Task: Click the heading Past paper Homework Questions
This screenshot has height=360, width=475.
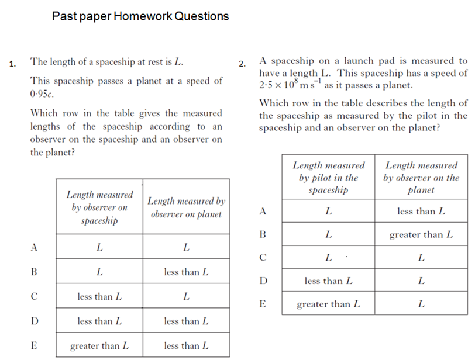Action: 140,16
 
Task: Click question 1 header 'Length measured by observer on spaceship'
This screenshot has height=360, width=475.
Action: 99,207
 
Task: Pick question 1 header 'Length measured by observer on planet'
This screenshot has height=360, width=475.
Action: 186,207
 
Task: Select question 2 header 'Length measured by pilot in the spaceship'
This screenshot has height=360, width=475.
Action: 328,178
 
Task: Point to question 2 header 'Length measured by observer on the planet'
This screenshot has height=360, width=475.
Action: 421,178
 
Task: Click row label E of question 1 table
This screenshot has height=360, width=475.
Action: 35,345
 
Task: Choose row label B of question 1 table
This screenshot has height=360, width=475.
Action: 35,272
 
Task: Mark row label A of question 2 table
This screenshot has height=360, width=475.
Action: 263,211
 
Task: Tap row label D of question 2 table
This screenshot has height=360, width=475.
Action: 263,281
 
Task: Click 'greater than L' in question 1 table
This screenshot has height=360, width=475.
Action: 99,346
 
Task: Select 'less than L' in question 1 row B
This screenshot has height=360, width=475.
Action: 186,272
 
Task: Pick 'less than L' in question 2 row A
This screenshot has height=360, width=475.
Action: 421,211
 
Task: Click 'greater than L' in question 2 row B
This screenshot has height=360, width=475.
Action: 421,235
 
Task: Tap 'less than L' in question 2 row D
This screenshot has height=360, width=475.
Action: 328,281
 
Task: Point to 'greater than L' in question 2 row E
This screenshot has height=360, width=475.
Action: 328,304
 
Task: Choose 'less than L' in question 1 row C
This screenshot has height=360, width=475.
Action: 99,297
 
